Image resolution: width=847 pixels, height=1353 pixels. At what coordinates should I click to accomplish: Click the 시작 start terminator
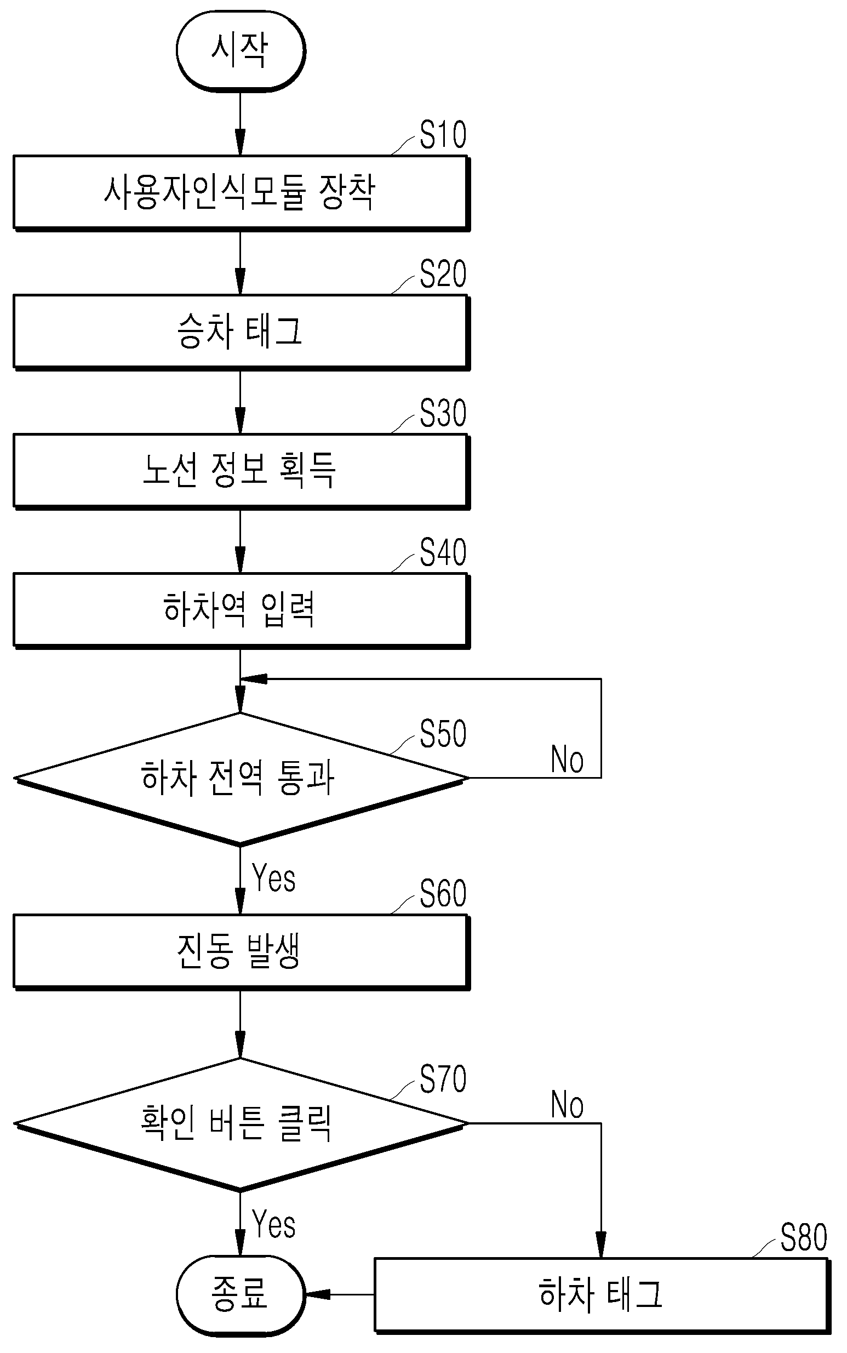tap(241, 50)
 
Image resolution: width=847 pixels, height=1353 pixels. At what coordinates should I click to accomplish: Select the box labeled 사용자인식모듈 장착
tap(242, 193)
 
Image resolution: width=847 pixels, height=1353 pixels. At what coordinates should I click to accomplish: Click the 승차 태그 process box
tap(242, 332)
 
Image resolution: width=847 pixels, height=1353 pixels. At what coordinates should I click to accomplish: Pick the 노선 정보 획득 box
tap(242, 471)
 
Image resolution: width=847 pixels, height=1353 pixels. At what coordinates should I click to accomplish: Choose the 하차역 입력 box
tap(242, 610)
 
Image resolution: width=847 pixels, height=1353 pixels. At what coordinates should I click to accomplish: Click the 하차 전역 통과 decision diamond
tap(241, 778)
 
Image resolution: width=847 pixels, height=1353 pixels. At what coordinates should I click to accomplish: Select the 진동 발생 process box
tap(242, 952)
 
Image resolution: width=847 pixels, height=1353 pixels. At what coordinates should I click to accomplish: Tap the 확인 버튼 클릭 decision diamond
tap(241, 1124)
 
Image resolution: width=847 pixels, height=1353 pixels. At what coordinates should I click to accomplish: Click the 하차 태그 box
tap(602, 1295)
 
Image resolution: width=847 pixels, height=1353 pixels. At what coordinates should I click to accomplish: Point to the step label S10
tap(443, 135)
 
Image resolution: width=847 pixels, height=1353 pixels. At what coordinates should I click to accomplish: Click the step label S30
tap(443, 414)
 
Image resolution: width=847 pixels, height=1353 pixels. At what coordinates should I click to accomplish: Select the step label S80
tap(804, 1237)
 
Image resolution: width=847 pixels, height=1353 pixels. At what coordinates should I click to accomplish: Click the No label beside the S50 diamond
tap(568, 760)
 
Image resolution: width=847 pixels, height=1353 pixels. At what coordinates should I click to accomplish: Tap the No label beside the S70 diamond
tap(568, 1105)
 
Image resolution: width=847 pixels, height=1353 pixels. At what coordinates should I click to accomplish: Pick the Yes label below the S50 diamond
tap(274, 878)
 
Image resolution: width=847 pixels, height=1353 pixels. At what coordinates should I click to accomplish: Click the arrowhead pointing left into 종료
tap(318, 1295)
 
